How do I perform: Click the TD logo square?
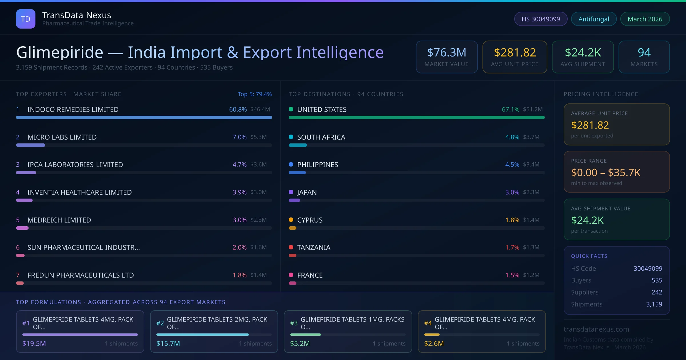click(26, 19)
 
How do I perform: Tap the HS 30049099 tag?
click(541, 19)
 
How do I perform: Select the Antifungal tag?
click(594, 19)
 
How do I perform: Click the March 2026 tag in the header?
click(645, 19)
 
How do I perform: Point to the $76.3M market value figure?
click(446, 53)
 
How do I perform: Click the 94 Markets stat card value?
click(644, 53)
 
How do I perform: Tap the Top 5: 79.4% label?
click(255, 94)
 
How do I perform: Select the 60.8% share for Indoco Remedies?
click(238, 109)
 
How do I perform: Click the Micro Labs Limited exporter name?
click(62, 137)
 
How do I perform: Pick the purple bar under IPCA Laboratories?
click(26, 173)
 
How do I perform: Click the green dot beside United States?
click(291, 109)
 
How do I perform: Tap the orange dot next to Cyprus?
click(291, 220)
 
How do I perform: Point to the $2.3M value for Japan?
click(531, 192)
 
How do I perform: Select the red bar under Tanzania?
click(292, 255)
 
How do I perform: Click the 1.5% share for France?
click(512, 275)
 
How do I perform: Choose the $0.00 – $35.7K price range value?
click(606, 173)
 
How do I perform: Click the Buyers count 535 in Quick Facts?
click(657, 280)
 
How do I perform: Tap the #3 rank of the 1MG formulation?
click(294, 323)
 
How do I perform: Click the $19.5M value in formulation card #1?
click(34, 343)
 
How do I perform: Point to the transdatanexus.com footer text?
click(596, 329)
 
